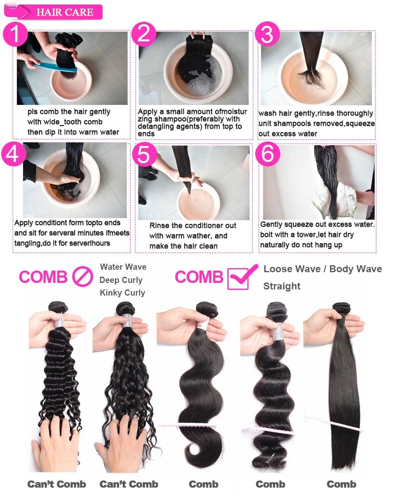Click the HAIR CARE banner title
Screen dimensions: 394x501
point(65,12)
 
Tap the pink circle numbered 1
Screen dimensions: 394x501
point(15,34)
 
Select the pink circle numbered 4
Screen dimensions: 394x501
point(14,154)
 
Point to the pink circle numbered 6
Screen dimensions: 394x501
point(268,154)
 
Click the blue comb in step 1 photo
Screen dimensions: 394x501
point(55,66)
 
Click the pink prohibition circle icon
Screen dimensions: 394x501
point(82,276)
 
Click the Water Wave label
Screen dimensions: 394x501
point(123,267)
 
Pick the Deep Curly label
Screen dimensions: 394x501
point(121,280)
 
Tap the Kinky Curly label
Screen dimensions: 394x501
point(123,293)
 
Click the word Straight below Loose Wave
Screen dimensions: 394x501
point(282,286)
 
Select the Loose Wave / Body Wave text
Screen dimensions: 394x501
point(323,269)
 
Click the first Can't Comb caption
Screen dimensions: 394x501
point(57,485)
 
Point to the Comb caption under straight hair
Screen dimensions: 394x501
point(341,485)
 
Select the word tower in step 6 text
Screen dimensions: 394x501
point(306,235)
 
